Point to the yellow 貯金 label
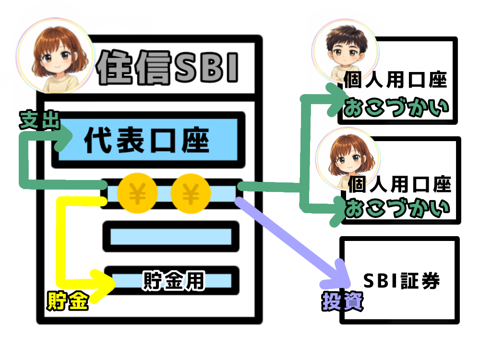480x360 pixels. (67, 300)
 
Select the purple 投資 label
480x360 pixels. (342, 301)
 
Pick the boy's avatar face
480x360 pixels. (345, 50)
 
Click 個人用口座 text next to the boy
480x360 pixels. (395, 81)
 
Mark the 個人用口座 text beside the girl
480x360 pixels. (399, 183)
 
